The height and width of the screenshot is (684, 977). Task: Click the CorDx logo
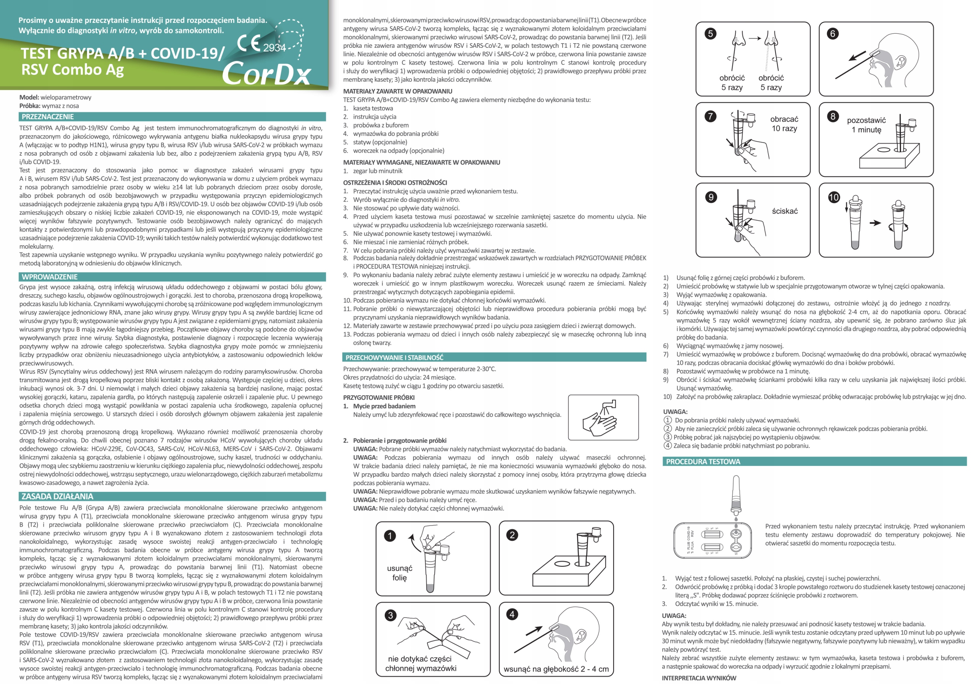[x=266, y=73]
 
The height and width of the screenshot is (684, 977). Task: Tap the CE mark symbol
[x=249, y=43]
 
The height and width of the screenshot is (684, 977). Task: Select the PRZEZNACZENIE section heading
[x=48, y=117]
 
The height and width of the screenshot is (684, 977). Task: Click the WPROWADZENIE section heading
[x=49, y=277]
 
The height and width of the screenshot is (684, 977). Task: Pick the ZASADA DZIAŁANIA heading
[x=57, y=496]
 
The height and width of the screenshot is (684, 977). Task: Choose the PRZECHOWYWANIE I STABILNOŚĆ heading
[x=394, y=357]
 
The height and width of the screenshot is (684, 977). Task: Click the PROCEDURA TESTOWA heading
[x=703, y=461]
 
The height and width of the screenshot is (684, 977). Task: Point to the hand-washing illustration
[x=603, y=417]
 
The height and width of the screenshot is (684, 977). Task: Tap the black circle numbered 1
[x=390, y=535]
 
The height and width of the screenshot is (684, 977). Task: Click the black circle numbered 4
[x=512, y=614]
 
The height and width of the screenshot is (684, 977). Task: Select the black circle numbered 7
[x=710, y=116]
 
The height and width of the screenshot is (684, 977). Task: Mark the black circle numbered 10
[x=834, y=197]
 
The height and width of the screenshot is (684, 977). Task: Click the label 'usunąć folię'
[x=400, y=573]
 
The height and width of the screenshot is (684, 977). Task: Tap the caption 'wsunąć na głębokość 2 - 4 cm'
[x=556, y=669]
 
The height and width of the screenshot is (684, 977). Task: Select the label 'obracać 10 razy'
[x=784, y=123]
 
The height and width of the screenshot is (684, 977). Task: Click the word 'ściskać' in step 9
[x=785, y=211]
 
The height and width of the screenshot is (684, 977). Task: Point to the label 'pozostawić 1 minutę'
[x=866, y=125]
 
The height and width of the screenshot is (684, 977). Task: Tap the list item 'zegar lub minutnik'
[x=377, y=171]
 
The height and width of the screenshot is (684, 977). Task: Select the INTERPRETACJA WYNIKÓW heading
[x=699, y=678]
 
